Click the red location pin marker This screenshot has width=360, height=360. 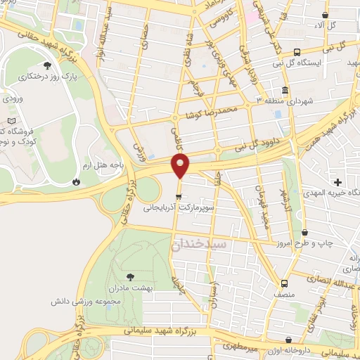click(x=181, y=166)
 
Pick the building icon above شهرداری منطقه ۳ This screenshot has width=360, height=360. click(x=284, y=91)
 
